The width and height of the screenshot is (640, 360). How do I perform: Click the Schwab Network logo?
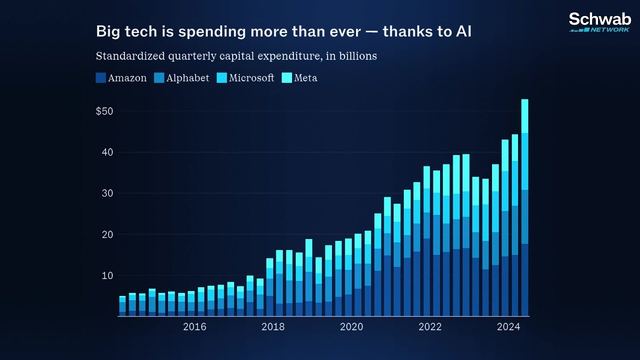599,22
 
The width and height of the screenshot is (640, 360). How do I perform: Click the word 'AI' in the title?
463,31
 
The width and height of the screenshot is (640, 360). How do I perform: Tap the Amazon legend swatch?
100,78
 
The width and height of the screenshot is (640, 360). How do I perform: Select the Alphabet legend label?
187,78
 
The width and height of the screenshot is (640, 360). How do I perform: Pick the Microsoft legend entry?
251,78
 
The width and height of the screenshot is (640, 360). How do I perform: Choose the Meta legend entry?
305,78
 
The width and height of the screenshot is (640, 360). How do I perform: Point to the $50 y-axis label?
104,111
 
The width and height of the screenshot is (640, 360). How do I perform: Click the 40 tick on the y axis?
108,152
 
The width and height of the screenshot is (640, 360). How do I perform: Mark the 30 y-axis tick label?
108,193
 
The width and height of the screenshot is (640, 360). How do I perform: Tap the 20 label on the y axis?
108,234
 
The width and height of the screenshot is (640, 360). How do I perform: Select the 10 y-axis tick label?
108,275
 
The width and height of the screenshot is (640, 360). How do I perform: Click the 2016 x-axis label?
194,327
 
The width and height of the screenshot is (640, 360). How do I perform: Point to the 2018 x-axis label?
273,327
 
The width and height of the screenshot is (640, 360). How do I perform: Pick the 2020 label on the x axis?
351,327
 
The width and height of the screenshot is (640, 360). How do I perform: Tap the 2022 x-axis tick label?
430,327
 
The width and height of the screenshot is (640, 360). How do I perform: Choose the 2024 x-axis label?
508,327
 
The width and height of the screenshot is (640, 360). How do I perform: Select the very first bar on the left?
122,306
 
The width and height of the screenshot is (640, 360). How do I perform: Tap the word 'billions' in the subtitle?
358,56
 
